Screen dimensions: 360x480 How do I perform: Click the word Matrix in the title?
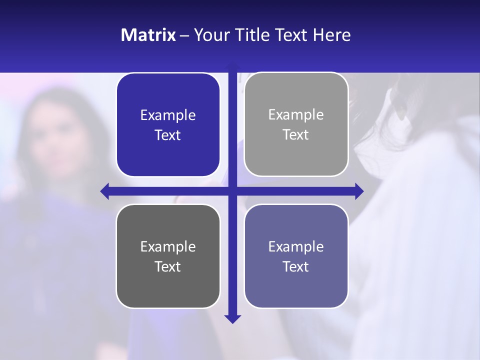point(148,35)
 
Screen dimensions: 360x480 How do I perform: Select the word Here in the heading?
point(332,35)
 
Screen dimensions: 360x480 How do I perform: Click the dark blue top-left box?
point(168,125)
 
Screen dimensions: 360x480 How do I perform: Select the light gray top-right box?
point(296,124)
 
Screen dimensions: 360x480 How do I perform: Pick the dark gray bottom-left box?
point(168,256)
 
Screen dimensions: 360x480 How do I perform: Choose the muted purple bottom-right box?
point(296,256)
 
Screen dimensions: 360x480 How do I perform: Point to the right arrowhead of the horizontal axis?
point(359,191)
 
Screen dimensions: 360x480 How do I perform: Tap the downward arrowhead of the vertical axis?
point(232,318)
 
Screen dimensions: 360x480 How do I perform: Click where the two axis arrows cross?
point(232,191)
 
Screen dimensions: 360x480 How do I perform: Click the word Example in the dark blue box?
point(168,115)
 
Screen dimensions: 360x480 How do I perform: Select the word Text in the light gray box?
point(296,134)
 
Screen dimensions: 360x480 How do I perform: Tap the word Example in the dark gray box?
point(168,246)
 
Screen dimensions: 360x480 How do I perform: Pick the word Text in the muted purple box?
point(296,266)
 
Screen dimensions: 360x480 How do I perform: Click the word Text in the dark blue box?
point(168,135)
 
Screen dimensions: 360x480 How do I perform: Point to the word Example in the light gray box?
point(296,115)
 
